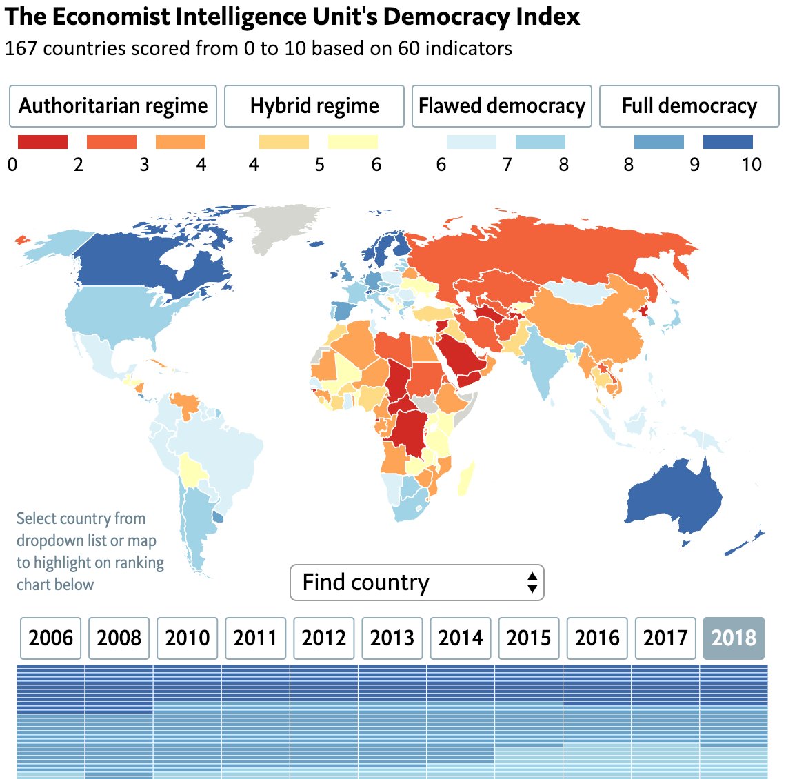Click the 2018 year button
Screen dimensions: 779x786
(x=734, y=638)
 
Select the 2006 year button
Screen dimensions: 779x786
(x=51, y=638)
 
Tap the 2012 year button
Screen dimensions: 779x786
(x=324, y=638)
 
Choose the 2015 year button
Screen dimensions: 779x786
(x=529, y=638)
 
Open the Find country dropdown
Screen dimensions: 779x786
(x=416, y=583)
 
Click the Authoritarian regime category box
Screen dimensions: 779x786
(x=113, y=106)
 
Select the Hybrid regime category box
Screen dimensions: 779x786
(x=314, y=106)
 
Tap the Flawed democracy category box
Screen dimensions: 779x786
(x=501, y=106)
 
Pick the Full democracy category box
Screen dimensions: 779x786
(x=689, y=106)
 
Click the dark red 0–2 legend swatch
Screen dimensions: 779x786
(x=43, y=142)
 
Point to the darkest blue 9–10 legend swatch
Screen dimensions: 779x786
(x=727, y=142)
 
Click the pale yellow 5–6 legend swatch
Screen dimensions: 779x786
(x=352, y=142)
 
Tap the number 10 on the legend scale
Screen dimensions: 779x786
(x=752, y=164)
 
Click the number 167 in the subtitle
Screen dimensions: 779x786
(x=21, y=48)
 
